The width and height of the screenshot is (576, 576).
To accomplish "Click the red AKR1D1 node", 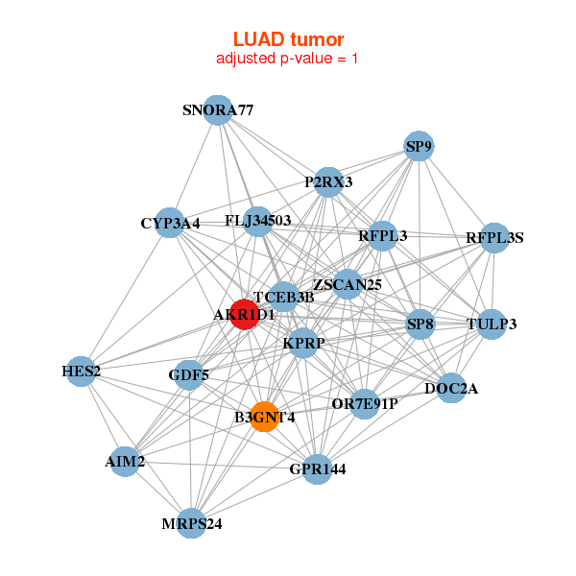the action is coord(245,314).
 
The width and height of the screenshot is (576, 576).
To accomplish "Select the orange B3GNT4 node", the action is coord(265,417).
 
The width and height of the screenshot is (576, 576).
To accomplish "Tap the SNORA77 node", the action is coord(218,109).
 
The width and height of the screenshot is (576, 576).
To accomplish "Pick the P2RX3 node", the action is coord(329,181).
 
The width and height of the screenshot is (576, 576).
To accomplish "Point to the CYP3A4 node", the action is coord(170,223).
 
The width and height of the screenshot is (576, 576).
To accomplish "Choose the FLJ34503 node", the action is coord(257,221).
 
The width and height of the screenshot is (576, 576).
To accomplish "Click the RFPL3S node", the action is coord(494,237).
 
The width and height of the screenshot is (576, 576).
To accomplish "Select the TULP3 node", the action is coord(492,324).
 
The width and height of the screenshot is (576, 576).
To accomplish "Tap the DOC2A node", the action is coord(451,389).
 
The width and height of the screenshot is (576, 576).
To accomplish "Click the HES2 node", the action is coord(81,371).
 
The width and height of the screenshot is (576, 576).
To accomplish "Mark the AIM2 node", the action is coord(125,462).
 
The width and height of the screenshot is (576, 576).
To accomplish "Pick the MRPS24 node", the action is coord(191,523).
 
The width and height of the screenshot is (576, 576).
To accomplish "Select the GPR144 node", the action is coord(318,469).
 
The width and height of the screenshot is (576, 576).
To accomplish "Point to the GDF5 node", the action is coord(189,373).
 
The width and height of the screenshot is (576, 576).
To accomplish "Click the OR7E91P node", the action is coord(364,401).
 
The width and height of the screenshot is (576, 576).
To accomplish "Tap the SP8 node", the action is coord(420,324).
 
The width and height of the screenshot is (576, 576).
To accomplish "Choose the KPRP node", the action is coord(303,343).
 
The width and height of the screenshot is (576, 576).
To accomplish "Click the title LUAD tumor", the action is coord(288,39).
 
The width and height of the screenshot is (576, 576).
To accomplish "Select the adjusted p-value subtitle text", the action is coord(288,59).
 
